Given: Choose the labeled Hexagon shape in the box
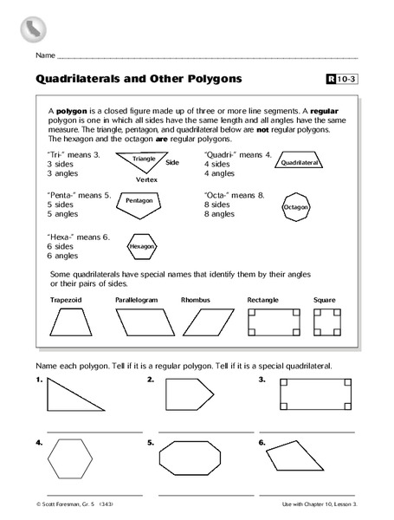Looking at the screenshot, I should (141, 246).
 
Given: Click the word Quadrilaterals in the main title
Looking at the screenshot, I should (80, 81).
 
